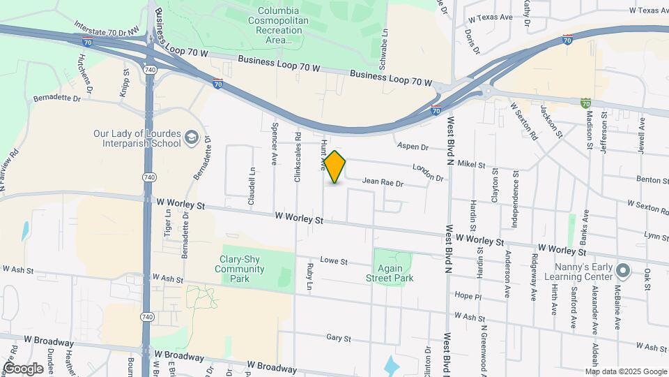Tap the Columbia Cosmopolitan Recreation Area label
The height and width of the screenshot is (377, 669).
click(x=279, y=25)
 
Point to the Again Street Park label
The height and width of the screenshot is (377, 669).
click(x=390, y=273)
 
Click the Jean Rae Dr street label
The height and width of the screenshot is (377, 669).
click(x=383, y=184)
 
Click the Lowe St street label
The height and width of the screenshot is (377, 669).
click(x=334, y=261)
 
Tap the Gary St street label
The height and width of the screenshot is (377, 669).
click(x=338, y=338)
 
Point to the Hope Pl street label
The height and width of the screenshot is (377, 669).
click(x=468, y=296)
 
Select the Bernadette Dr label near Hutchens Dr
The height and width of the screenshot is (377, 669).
click(x=57, y=98)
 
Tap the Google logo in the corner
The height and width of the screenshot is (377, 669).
click(x=22, y=368)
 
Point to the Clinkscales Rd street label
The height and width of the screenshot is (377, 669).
click(x=298, y=157)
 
